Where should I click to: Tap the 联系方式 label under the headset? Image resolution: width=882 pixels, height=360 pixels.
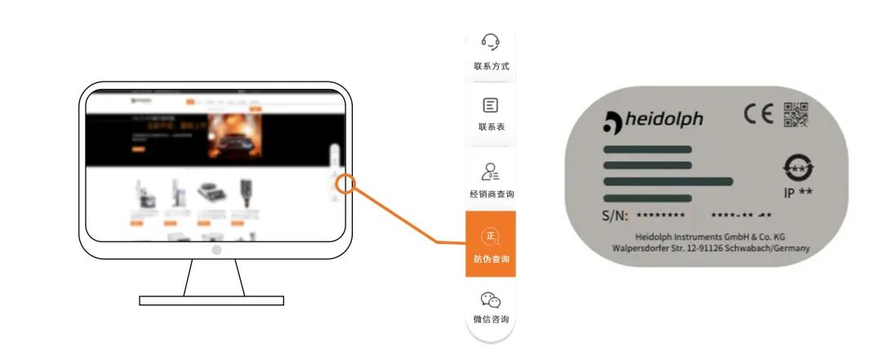click(491, 66)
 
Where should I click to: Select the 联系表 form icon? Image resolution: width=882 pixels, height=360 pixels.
click(491, 105)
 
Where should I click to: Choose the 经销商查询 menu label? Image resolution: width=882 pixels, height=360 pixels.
click(491, 194)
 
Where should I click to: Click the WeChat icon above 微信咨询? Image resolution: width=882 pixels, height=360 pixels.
click(491, 300)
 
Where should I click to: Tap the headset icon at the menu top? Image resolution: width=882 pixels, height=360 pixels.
click(491, 41)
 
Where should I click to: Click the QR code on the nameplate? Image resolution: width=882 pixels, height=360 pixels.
click(795, 114)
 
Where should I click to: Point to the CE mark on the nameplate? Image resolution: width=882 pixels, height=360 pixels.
click(758, 115)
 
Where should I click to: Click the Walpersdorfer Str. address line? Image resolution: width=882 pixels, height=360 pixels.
click(710, 247)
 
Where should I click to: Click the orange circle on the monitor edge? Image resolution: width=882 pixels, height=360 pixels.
click(345, 184)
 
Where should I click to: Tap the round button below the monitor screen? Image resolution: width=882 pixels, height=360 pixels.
click(216, 250)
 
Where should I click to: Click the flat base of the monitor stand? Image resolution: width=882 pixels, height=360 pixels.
click(212, 300)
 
